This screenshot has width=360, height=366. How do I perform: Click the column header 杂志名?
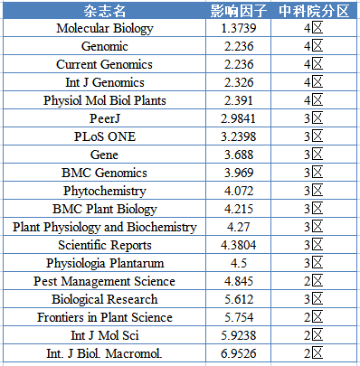coord(104,11)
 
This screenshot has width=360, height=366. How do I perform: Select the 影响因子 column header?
coord(239,11)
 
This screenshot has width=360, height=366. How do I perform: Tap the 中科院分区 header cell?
coord(314,11)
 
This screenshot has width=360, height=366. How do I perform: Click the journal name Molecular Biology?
coord(105,28)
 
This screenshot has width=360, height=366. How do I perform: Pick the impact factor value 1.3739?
coord(239,28)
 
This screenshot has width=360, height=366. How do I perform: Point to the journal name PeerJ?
coord(105,118)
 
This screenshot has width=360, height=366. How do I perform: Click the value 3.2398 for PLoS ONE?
coord(239,136)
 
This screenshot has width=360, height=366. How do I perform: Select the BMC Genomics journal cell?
coord(104,173)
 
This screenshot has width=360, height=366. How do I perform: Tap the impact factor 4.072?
coord(239,191)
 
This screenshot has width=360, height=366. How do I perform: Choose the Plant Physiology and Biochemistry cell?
coord(105,227)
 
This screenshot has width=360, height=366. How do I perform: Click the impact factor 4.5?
coord(239,263)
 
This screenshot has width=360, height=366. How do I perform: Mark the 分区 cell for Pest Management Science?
coord(314,281)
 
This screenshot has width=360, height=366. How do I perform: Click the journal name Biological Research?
coord(105,299)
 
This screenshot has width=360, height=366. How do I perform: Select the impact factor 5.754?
coord(239,317)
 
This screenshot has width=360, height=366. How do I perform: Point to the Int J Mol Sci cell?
coord(105,335)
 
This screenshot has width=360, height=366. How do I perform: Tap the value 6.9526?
coord(239,353)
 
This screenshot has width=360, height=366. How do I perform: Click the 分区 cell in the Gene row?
coord(314,155)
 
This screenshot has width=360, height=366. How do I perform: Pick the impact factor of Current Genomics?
coord(239,64)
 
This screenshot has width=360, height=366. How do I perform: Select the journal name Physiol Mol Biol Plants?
coord(105,100)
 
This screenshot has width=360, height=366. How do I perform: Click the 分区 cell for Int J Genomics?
coord(314,82)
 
